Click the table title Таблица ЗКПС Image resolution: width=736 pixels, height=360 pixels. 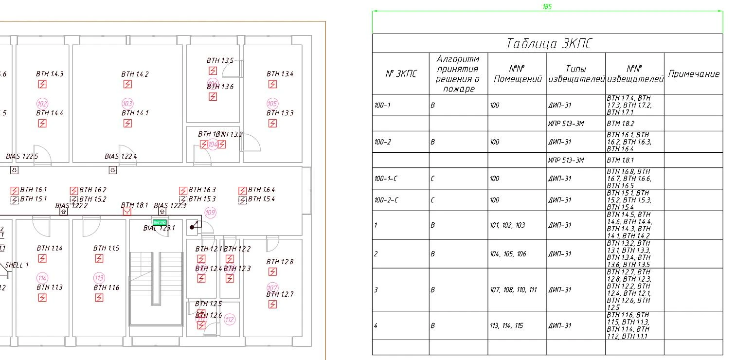[x=548, y=44]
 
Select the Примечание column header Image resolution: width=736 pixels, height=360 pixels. [x=693, y=74]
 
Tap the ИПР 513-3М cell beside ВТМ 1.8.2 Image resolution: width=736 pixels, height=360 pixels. [x=566, y=124]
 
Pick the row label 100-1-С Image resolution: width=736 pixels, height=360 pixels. [x=386, y=179]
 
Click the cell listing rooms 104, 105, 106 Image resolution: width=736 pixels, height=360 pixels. [x=508, y=254]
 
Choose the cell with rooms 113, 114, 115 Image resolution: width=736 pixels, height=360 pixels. [x=506, y=325]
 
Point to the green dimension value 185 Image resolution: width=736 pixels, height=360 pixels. [x=547, y=7]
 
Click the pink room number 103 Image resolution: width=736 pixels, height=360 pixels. [x=127, y=103]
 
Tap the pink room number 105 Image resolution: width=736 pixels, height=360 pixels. [x=272, y=103]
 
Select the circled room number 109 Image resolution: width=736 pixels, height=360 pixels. [x=210, y=213]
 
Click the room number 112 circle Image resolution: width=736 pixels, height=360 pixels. [x=230, y=320]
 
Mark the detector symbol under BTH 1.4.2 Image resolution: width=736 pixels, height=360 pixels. [x=127, y=84]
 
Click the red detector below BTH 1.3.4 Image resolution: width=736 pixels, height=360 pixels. [x=272, y=84]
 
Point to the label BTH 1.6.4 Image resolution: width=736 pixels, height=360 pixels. [x=261, y=190]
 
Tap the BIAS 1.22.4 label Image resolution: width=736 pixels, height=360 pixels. [x=121, y=156]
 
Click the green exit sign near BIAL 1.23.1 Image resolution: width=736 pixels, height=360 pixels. [x=160, y=222]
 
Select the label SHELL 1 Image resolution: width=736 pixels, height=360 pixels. [x=17, y=265]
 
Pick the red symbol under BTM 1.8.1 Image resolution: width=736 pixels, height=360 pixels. [x=127, y=212]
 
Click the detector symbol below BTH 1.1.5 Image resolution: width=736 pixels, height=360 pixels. [x=99, y=258]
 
